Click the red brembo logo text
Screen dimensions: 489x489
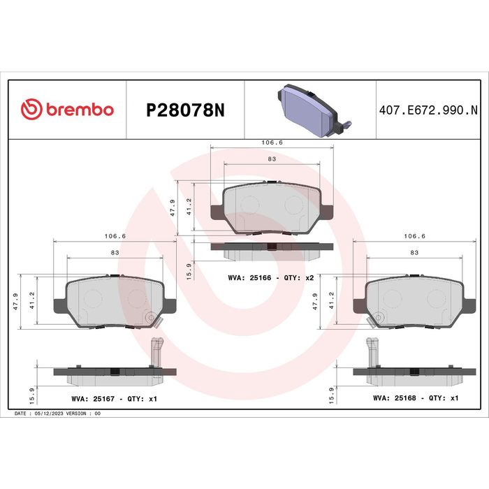click(x=80, y=110)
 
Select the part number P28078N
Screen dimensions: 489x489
click(x=185, y=110)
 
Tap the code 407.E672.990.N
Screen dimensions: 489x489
click(x=428, y=110)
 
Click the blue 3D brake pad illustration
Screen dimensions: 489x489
click(x=314, y=110)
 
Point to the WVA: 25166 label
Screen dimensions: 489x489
click(x=249, y=277)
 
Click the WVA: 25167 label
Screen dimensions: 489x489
click(x=93, y=399)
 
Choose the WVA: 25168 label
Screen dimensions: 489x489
click(x=395, y=398)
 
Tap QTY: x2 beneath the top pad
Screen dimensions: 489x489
click(x=299, y=277)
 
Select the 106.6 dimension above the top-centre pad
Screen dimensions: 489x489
click(x=272, y=143)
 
